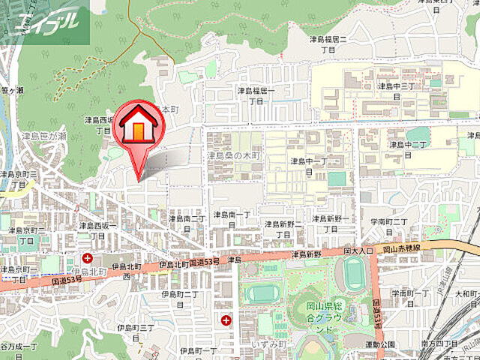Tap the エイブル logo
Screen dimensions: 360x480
coord(45,22)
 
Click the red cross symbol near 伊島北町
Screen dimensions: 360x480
coord(88,259)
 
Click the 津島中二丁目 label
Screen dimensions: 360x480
coord(407,148)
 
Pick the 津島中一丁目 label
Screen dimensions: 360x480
coord(309,166)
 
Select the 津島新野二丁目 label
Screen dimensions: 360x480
coord(281,229)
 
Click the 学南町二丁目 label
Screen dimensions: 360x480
coord(388,226)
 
